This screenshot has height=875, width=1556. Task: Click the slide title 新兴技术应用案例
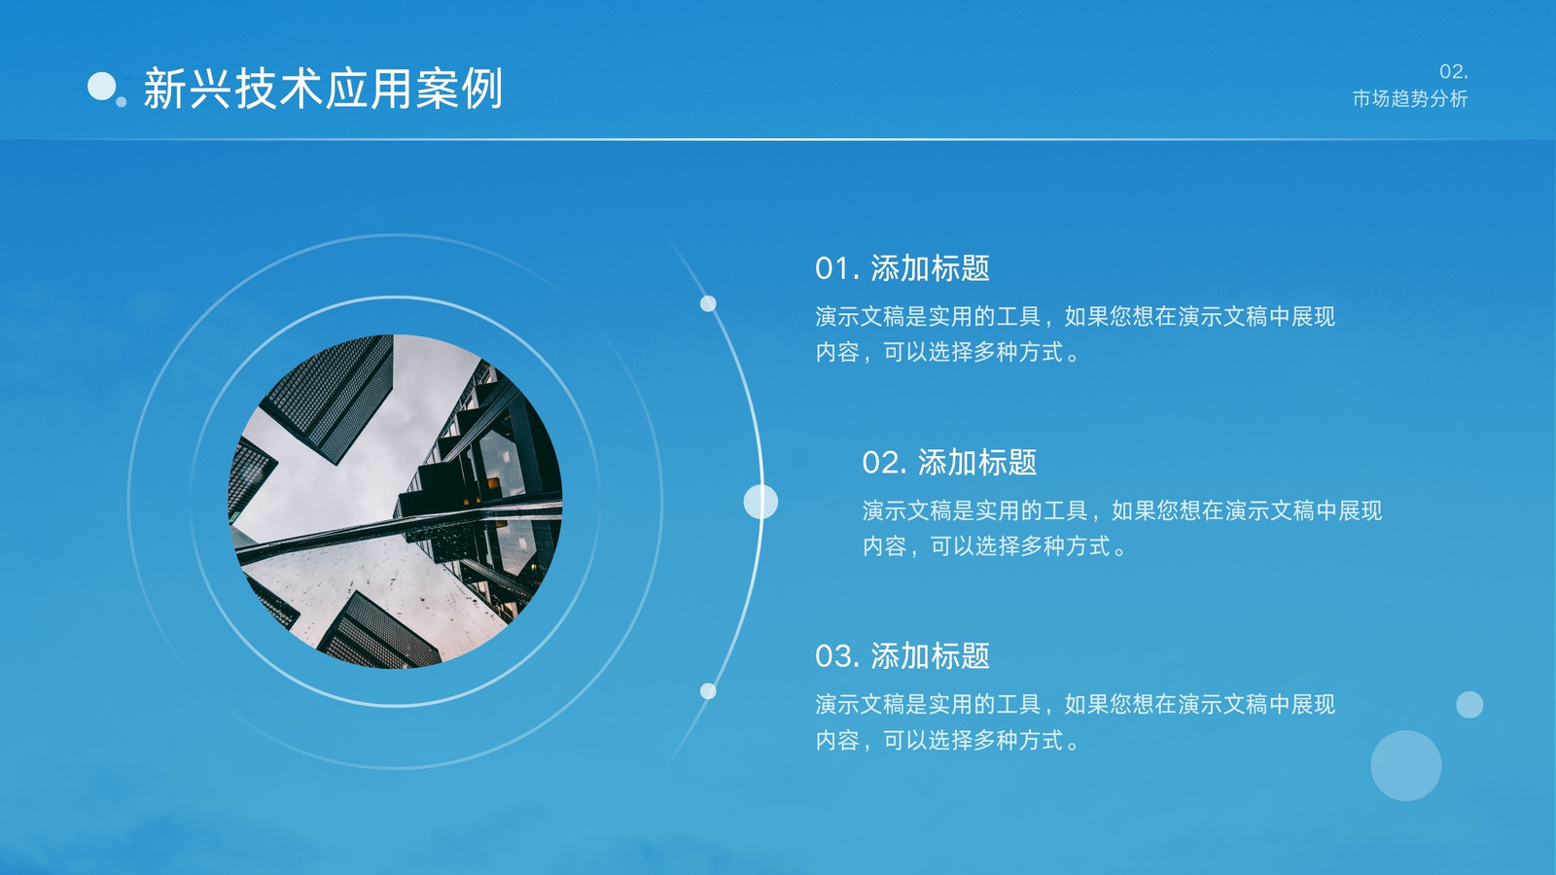[x=323, y=88]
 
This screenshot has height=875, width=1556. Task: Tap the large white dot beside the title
[x=101, y=87]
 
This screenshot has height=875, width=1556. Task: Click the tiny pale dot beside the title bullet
[x=121, y=102]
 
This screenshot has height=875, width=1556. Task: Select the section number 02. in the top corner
[x=1453, y=72]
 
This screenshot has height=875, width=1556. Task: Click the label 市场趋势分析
[x=1410, y=98]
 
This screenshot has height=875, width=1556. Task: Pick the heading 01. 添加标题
[x=902, y=268]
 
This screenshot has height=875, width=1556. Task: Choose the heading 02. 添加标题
[x=949, y=463]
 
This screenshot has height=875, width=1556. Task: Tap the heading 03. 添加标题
[x=902, y=656]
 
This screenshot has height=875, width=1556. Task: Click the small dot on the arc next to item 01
[x=708, y=303]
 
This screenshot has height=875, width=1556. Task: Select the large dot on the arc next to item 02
[x=760, y=502]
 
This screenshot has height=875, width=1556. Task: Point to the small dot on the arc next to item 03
[x=708, y=691]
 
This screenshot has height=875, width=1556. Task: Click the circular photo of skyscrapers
[x=395, y=502]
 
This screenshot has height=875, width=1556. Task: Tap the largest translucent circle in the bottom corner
[x=1406, y=765]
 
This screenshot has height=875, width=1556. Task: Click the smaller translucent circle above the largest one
[x=1469, y=705]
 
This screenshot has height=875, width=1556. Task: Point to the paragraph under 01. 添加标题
[x=1076, y=334]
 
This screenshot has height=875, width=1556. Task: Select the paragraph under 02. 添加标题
[x=1122, y=529]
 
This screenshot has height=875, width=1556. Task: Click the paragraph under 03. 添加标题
[x=1076, y=722]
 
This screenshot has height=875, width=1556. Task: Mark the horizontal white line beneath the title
[x=778, y=139]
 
